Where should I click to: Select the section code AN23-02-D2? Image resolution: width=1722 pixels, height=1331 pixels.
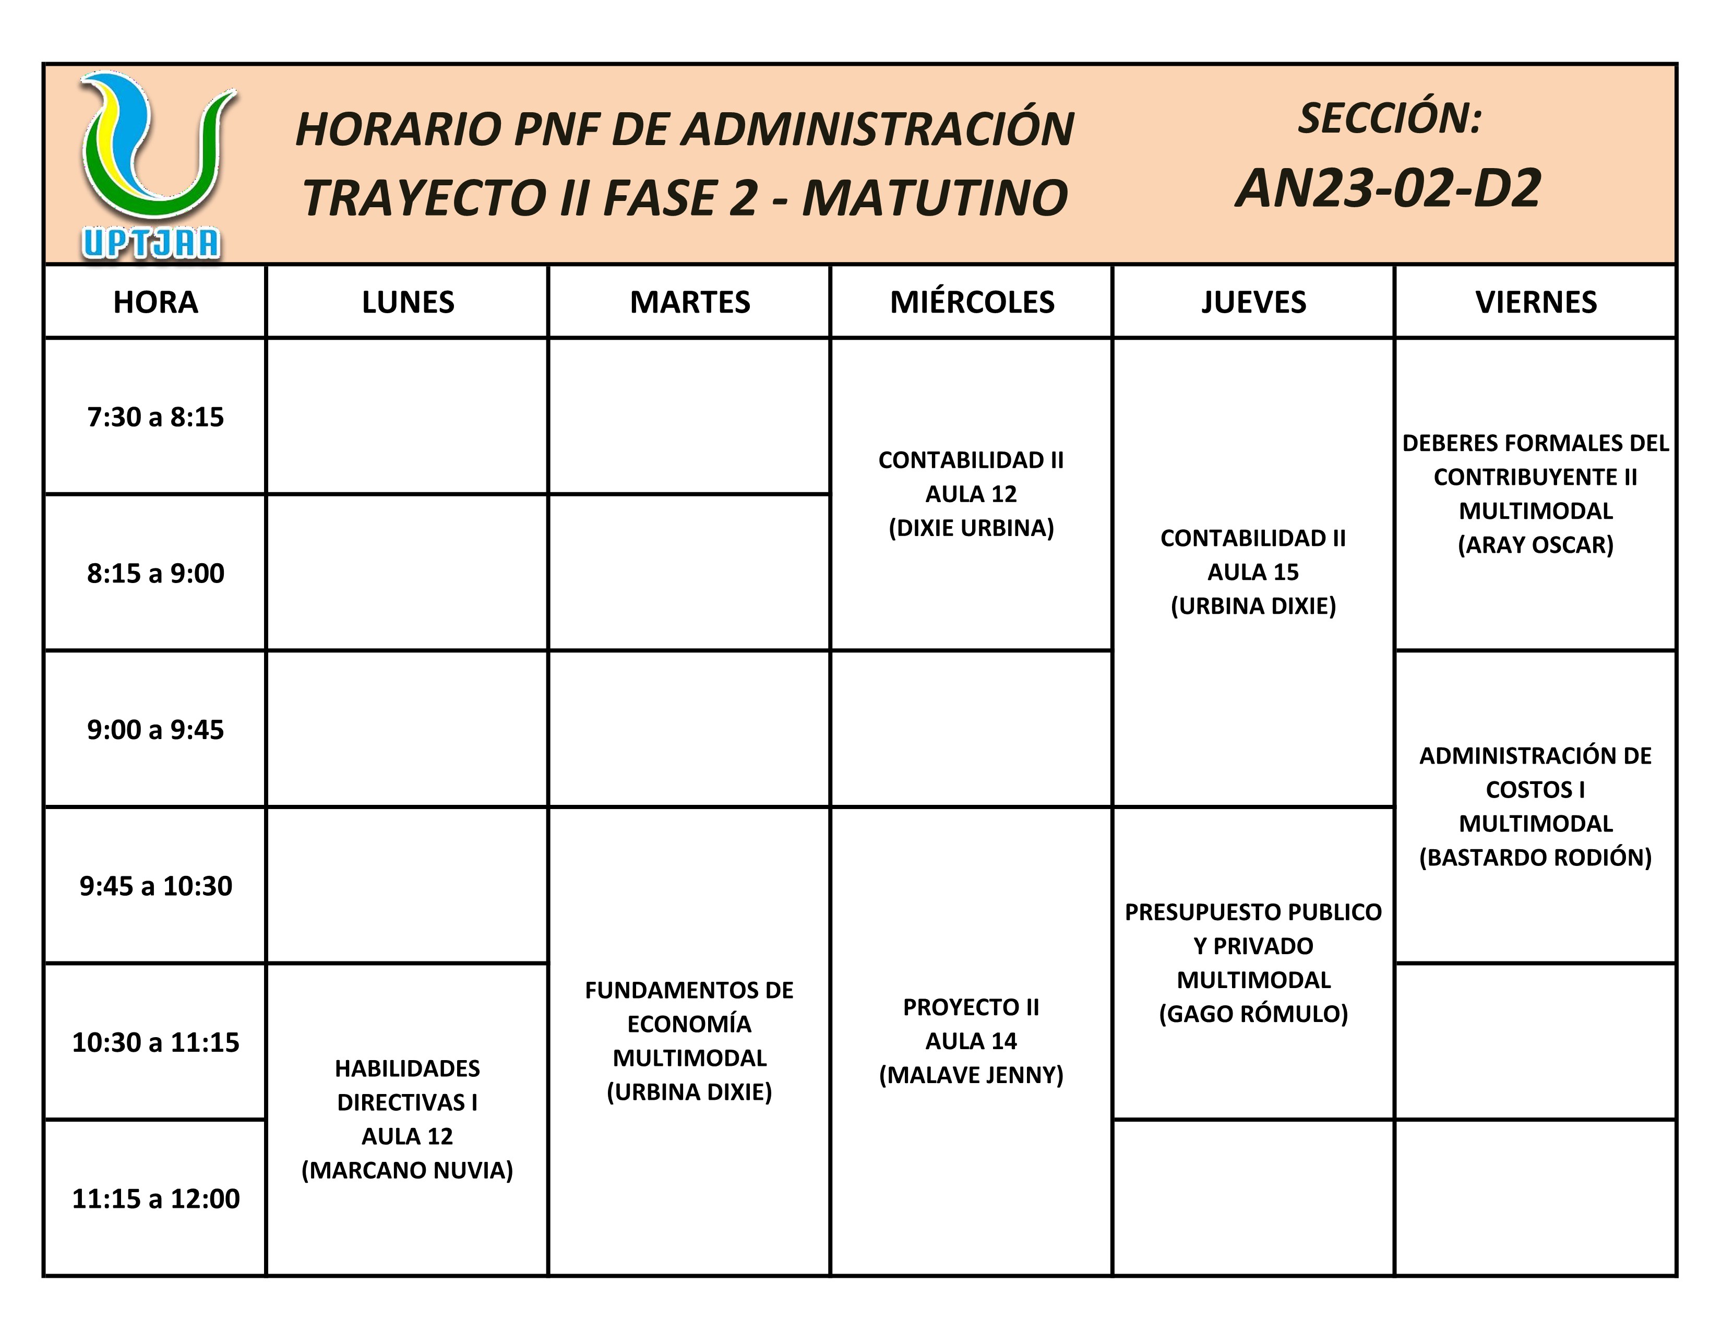click(x=1388, y=189)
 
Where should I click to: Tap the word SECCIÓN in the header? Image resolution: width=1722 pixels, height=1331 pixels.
click(x=1389, y=118)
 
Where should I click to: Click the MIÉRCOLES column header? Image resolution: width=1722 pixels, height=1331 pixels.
click(x=972, y=303)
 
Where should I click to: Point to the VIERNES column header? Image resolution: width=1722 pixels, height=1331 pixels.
click(x=1536, y=303)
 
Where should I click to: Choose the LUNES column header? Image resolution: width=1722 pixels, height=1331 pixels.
click(x=408, y=303)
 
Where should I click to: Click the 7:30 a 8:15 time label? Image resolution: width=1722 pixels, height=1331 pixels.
click(x=156, y=417)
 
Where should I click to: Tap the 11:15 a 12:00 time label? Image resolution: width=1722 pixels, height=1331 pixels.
click(x=156, y=1198)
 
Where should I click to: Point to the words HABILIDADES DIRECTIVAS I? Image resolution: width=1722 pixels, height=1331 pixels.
click(x=407, y=1085)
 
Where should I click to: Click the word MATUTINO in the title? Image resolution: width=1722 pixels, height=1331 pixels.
click(x=935, y=198)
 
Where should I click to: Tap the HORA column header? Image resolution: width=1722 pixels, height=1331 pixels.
click(x=156, y=303)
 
